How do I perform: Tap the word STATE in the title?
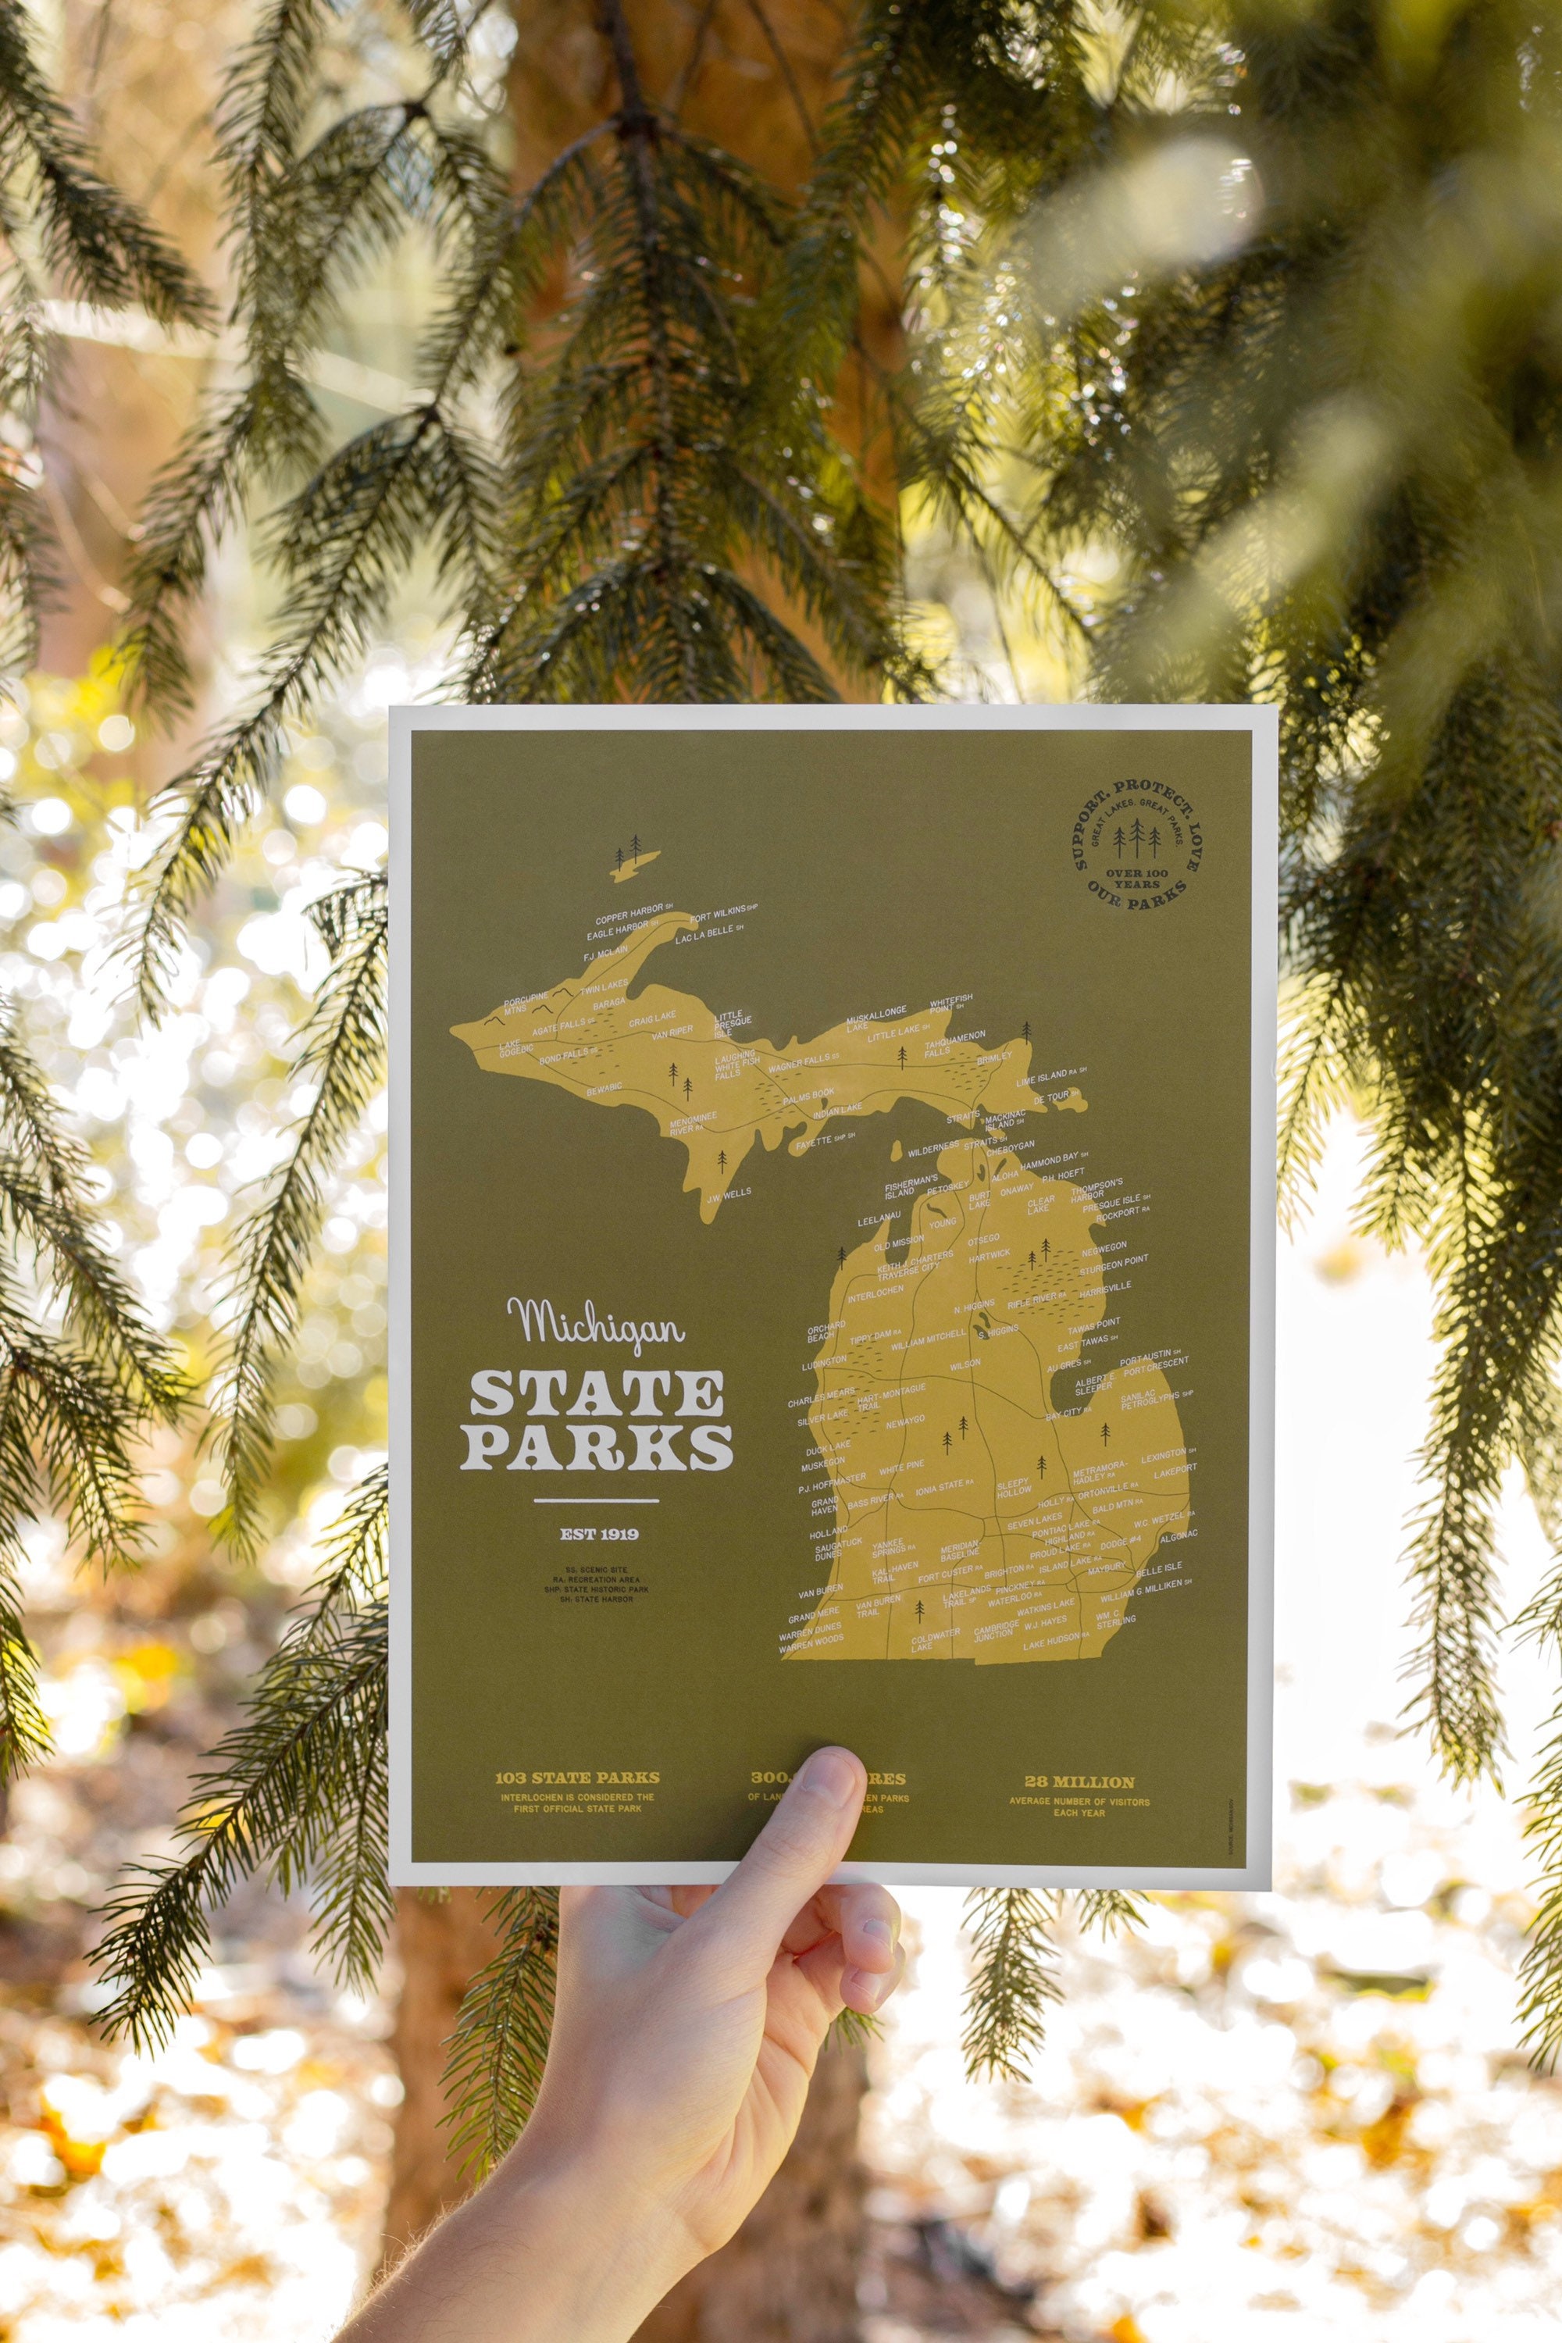597,1393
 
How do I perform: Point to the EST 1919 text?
599,1533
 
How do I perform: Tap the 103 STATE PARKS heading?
577,1778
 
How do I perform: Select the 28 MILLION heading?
1079,1781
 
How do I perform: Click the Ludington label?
824,1360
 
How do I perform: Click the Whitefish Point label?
950,1003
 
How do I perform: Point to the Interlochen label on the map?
876,1291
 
